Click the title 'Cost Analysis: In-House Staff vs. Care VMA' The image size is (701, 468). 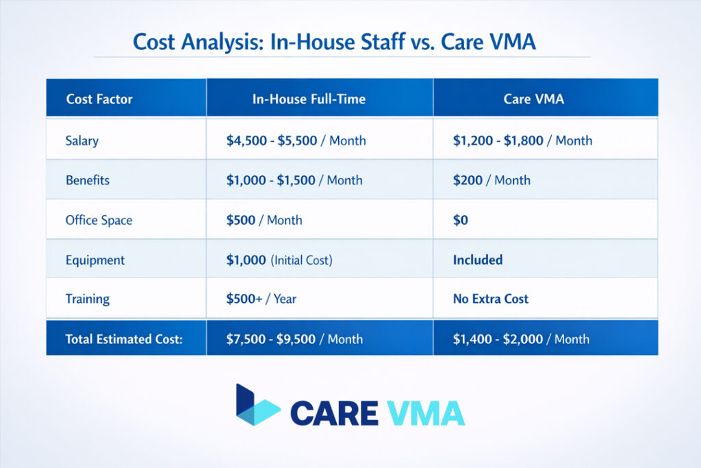click(x=334, y=42)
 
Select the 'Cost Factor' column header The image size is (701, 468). click(x=99, y=99)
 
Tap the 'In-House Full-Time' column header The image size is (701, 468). click(x=309, y=99)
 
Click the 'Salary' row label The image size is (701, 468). click(x=82, y=140)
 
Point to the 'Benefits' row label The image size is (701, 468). click(x=88, y=180)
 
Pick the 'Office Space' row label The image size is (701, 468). click(x=99, y=220)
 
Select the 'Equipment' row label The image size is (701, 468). click(x=95, y=260)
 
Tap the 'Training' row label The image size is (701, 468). click(x=88, y=299)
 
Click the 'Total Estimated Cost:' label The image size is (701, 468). click(x=124, y=338)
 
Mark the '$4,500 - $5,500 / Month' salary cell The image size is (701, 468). click(x=296, y=140)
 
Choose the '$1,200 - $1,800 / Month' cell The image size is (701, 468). click(x=522, y=140)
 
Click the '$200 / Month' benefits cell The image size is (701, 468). click(x=492, y=180)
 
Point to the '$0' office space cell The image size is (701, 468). click(x=461, y=221)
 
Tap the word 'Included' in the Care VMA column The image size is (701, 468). click(x=478, y=260)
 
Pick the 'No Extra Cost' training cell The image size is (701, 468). click(x=491, y=299)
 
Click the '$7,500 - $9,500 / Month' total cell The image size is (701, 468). click(x=294, y=338)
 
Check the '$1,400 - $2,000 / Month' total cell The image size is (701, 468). click(x=521, y=338)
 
